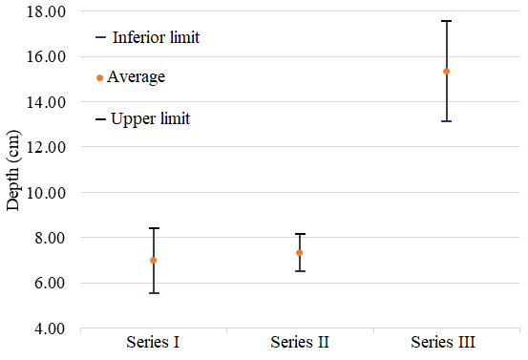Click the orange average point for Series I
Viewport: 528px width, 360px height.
pos(154,261)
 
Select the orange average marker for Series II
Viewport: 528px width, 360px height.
pos(300,253)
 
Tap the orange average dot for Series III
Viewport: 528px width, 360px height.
pos(446,72)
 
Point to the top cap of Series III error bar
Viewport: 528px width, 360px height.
pos(446,21)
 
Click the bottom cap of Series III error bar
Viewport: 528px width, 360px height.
pos(446,121)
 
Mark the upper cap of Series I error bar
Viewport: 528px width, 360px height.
pos(154,228)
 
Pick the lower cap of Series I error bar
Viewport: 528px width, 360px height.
pos(154,292)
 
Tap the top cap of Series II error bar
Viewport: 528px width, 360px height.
pos(300,234)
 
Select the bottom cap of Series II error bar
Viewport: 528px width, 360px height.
pos(300,271)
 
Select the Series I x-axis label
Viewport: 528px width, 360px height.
pos(154,343)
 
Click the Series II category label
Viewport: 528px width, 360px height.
pos(300,343)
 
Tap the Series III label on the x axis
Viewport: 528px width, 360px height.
pos(443,343)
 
